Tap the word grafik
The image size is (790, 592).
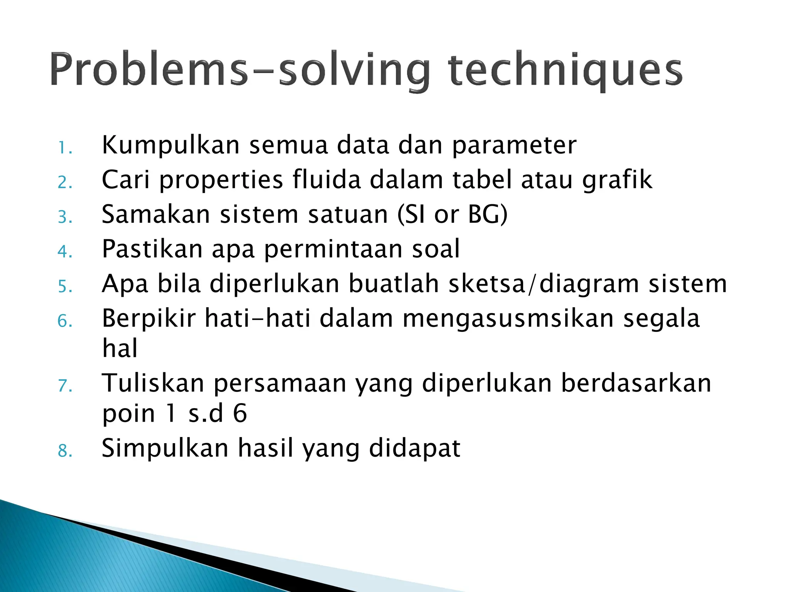click(x=617, y=180)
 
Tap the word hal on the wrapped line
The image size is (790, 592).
click(x=120, y=348)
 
